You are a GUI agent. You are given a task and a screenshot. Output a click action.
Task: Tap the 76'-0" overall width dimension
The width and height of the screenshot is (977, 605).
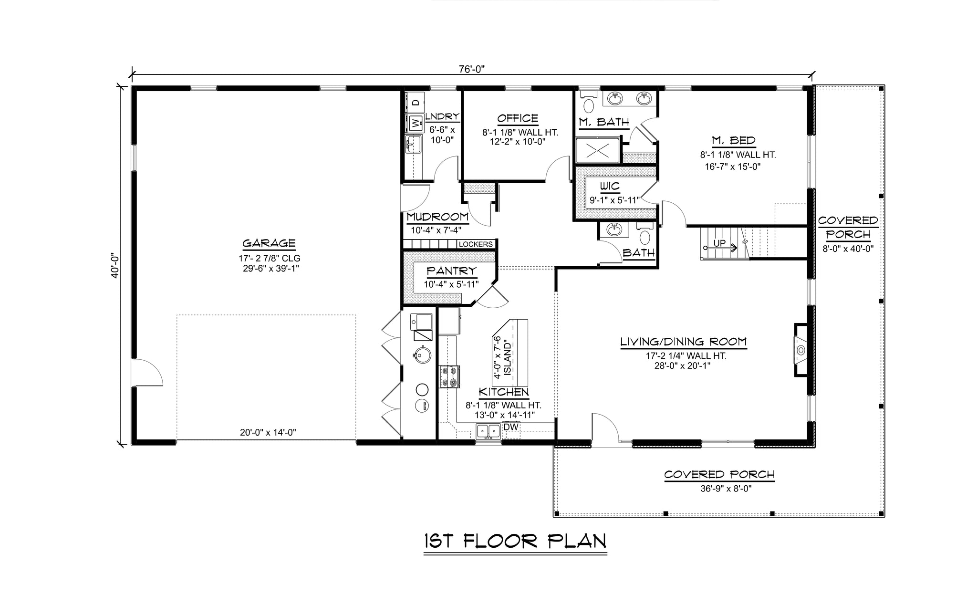coord(472,69)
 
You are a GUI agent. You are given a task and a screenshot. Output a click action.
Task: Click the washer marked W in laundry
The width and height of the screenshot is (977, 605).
coord(415,123)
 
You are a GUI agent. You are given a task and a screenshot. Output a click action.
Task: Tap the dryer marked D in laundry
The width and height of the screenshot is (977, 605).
coord(415,102)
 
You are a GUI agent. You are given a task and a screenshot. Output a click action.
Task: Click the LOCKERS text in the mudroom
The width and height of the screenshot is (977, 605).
coord(476,244)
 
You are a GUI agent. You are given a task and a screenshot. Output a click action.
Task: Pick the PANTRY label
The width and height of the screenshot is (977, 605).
coord(451,271)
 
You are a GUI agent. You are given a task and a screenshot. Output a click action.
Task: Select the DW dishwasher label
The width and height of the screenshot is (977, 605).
coord(511,427)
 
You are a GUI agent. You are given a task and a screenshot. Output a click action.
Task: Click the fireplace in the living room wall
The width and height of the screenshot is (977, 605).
coord(800,350)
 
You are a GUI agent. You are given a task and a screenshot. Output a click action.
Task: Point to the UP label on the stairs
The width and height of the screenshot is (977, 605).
coord(719,243)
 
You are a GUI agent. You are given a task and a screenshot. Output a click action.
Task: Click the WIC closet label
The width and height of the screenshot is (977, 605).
coord(610,187)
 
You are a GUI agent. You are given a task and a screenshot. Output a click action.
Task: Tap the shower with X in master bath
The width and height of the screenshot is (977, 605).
coord(598,150)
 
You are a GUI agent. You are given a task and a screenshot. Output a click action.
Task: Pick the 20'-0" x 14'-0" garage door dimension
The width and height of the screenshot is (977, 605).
coord(268,433)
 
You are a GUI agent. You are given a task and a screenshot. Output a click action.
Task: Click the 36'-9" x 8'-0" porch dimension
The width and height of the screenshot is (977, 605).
coord(719,489)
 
